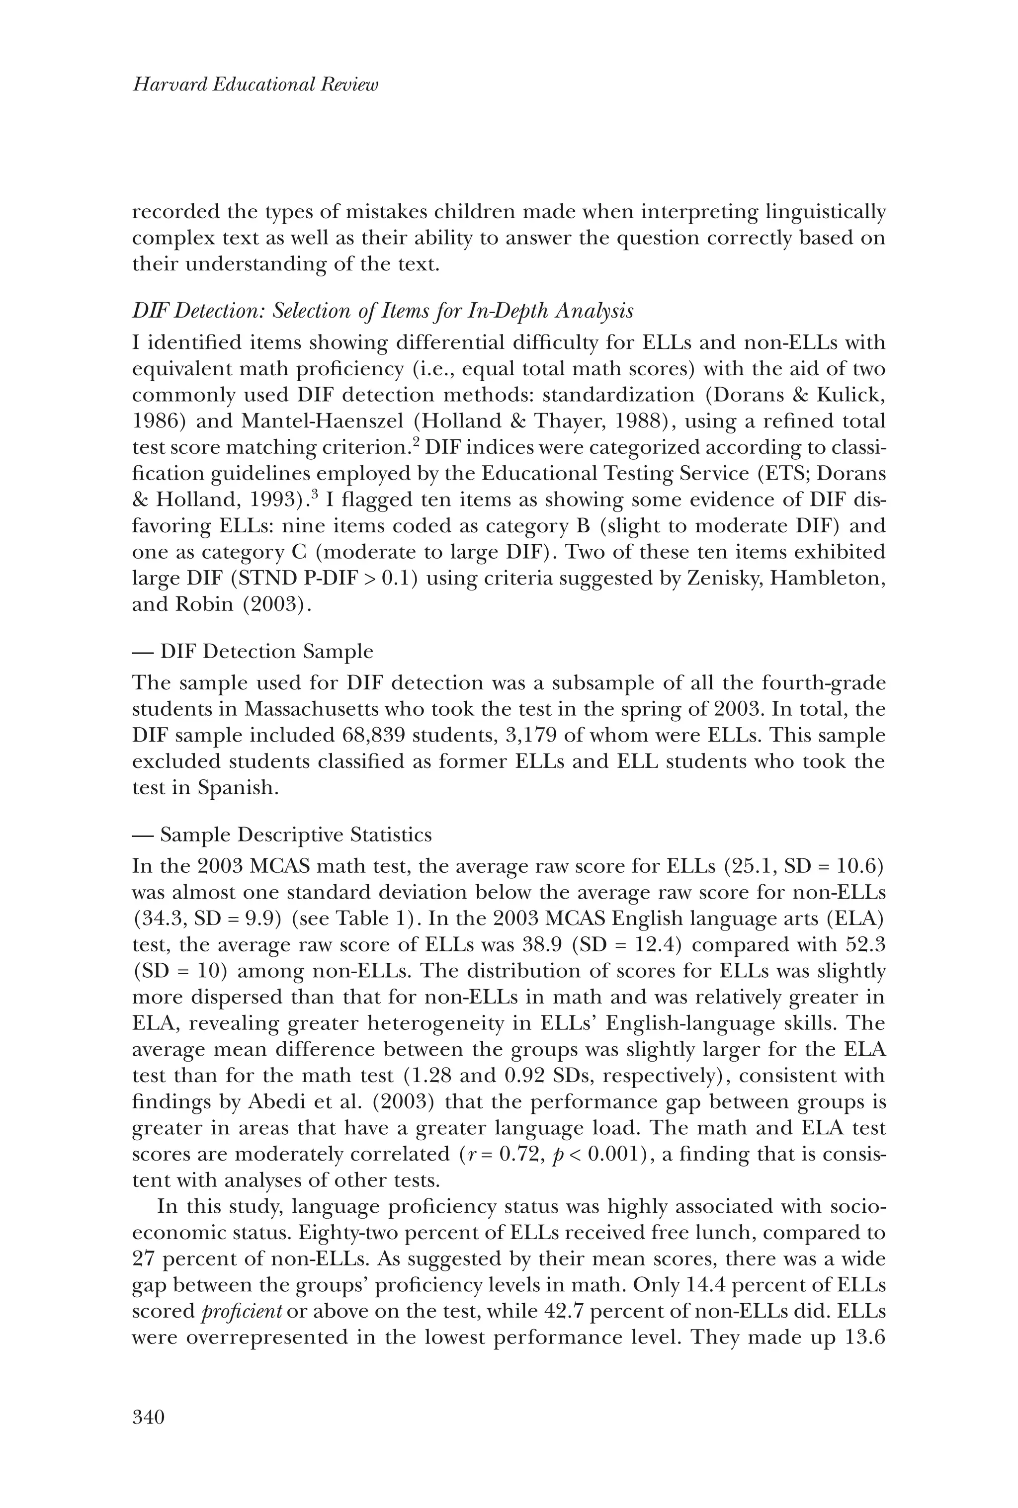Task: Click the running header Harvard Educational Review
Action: point(255,85)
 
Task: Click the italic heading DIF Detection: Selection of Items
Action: point(382,312)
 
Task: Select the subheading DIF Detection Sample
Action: point(266,652)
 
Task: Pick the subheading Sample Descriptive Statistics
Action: point(295,835)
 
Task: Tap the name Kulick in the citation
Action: point(849,395)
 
